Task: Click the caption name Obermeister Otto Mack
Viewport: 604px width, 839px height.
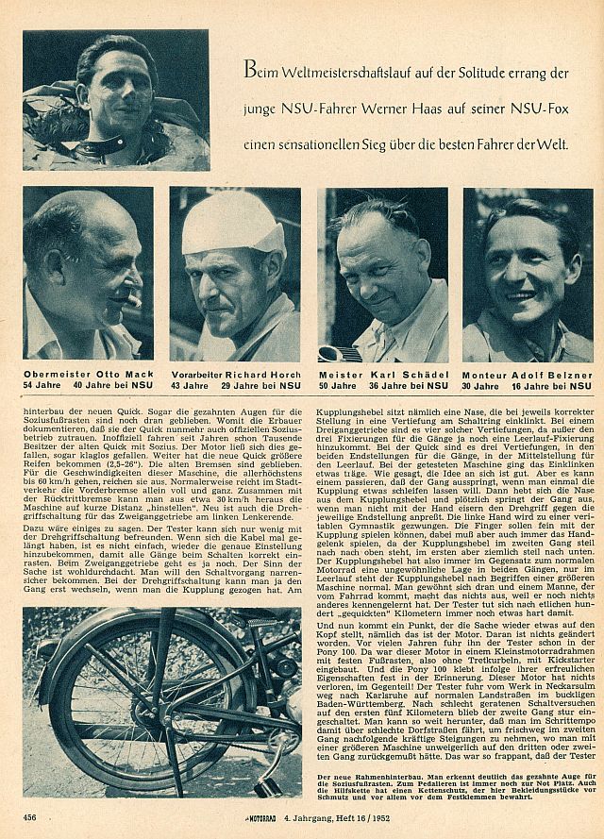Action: [x=83, y=376]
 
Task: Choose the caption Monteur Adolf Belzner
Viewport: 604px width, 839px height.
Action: [x=528, y=376]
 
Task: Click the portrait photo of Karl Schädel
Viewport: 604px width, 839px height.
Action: [x=382, y=274]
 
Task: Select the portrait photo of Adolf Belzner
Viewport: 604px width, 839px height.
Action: [x=528, y=274]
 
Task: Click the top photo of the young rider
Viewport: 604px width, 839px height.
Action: [x=116, y=101]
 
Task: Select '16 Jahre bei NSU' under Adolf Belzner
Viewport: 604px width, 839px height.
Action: [x=553, y=386]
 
